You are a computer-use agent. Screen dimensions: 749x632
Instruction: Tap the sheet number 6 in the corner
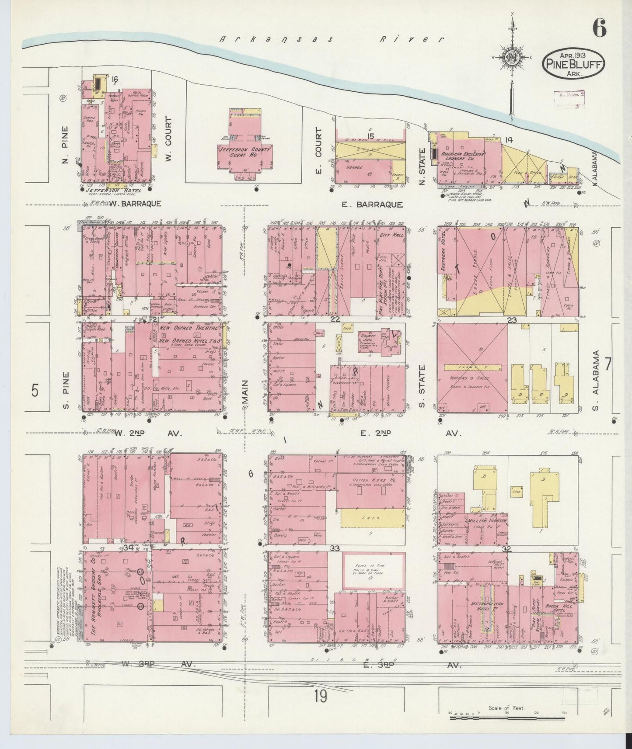[600, 29]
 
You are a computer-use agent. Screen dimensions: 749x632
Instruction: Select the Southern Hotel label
[448, 256]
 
